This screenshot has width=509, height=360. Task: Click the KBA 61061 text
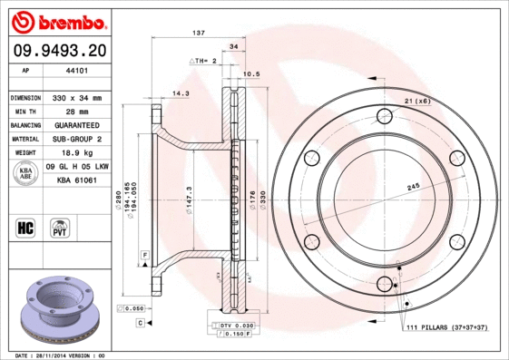click(x=77, y=181)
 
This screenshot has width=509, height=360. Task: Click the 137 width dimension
click(x=199, y=33)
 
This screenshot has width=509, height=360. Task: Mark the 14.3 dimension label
click(x=181, y=92)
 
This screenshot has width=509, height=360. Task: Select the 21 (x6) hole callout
click(x=416, y=101)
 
